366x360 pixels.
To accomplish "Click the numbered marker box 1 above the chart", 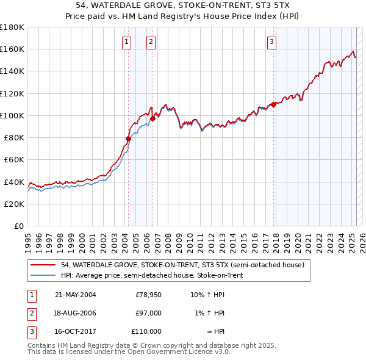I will (x=126, y=42).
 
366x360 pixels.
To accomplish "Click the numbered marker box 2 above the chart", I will (x=150, y=42).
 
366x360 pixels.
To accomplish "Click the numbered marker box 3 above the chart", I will (x=271, y=42).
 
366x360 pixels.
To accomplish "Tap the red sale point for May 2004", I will (x=128, y=139).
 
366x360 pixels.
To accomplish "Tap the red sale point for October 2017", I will (x=273, y=104).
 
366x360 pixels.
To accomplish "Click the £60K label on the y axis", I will (x=13, y=159).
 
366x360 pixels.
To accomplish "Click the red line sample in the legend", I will (x=43, y=265).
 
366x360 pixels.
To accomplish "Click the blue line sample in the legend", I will (x=43, y=275).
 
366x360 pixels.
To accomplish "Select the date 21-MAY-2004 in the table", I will (x=75, y=295).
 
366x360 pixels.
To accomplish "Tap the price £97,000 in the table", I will (x=148, y=313).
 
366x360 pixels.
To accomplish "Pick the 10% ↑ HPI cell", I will (x=207, y=295).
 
